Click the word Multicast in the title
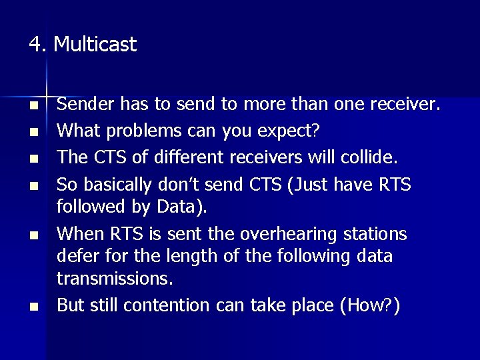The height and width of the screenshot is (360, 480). pos(95,45)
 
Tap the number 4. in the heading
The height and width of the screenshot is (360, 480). pos(38,45)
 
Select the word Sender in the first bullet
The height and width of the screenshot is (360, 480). pos(81,105)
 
